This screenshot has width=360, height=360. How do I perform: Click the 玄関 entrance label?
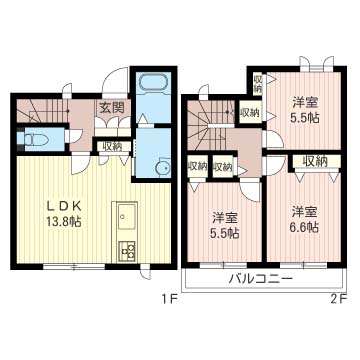[x=112, y=107]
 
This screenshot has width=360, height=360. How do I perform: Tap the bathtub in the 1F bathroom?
[x=154, y=82]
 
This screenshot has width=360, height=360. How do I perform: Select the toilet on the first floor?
[x=35, y=139]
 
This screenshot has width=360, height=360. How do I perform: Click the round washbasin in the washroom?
[x=163, y=167]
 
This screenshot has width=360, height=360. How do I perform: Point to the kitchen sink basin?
[x=125, y=217]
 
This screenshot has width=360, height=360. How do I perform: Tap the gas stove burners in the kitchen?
[x=127, y=251]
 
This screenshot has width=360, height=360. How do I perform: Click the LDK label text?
[x=64, y=207]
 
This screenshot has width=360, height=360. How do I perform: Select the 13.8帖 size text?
[x=64, y=222]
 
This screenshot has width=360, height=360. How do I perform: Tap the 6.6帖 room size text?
[x=305, y=227]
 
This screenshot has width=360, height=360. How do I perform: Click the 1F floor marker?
[x=168, y=299]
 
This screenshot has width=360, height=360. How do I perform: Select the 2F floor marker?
[x=339, y=299]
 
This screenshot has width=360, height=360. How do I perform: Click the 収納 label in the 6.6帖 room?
[x=315, y=162]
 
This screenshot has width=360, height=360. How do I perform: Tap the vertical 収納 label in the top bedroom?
[x=258, y=85]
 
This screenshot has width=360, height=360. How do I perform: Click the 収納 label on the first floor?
[x=112, y=146]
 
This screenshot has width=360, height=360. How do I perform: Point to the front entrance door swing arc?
[x=112, y=74]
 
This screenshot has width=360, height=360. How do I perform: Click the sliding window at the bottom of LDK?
[x=74, y=266]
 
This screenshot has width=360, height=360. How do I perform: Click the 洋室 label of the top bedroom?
[x=305, y=102]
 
